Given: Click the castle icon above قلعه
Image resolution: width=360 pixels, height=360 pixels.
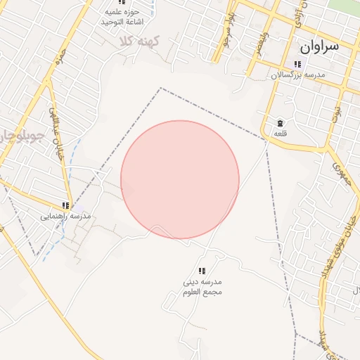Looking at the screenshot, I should click(280, 122).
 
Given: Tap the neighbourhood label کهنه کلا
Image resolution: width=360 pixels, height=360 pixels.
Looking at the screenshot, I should click(139, 41).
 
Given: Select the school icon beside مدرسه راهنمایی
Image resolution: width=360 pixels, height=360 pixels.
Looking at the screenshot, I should click(66, 205).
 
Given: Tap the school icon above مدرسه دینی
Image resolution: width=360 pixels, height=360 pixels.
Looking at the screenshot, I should click(202, 271).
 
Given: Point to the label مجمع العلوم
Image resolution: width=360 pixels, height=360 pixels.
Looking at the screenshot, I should click(202, 292).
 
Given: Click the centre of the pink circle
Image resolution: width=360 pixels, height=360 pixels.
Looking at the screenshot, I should click(180, 180).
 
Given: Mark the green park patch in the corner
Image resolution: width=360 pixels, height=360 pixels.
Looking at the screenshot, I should click(352, 6).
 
